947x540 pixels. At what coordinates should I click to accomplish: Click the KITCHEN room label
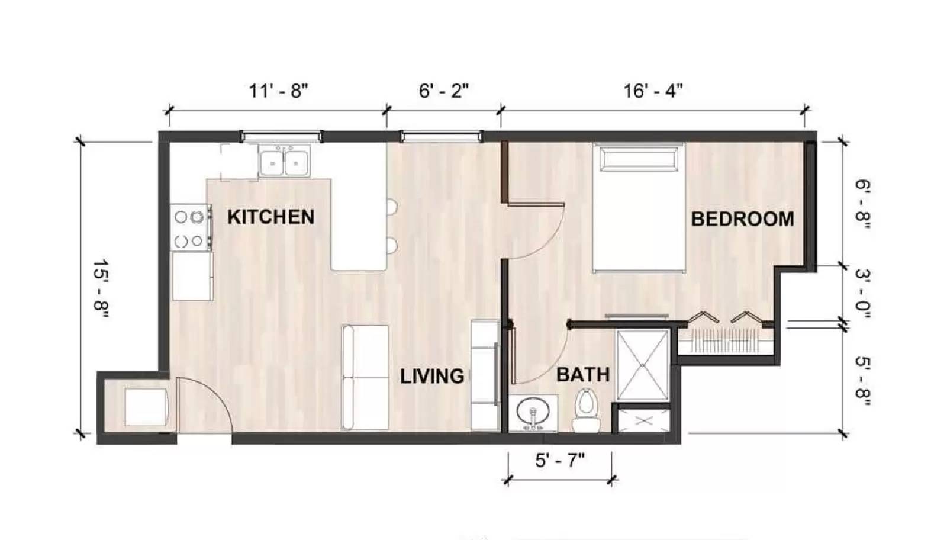(x=270, y=217)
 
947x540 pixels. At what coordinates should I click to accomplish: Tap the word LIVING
(x=431, y=377)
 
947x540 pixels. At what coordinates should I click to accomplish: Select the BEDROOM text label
(x=742, y=219)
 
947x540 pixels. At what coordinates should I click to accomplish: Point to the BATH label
(x=583, y=375)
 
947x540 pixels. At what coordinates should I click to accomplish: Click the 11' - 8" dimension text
(x=278, y=91)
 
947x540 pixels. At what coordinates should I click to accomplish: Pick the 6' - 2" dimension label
(x=443, y=91)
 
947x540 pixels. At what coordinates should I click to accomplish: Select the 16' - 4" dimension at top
(x=653, y=91)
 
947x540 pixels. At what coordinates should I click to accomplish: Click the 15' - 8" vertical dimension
(x=100, y=289)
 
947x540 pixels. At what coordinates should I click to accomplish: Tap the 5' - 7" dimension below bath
(x=559, y=460)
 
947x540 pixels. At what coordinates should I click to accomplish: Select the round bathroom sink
(x=533, y=412)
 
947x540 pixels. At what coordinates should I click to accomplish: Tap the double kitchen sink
(x=284, y=162)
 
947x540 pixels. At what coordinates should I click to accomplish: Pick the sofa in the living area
(x=365, y=377)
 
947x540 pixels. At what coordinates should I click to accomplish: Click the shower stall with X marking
(x=642, y=365)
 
